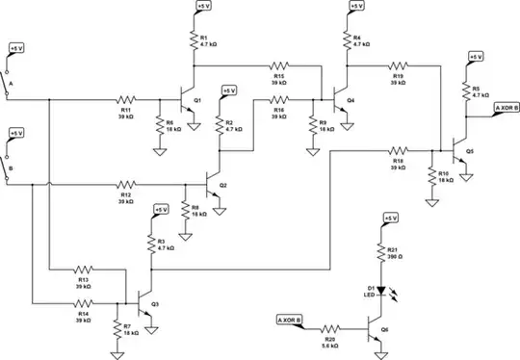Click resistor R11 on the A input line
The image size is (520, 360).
click(126, 98)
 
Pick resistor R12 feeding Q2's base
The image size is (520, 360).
click(126, 183)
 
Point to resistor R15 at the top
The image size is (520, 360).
click(278, 64)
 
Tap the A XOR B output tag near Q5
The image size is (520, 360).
click(506, 109)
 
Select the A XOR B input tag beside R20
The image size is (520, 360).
click(288, 319)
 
